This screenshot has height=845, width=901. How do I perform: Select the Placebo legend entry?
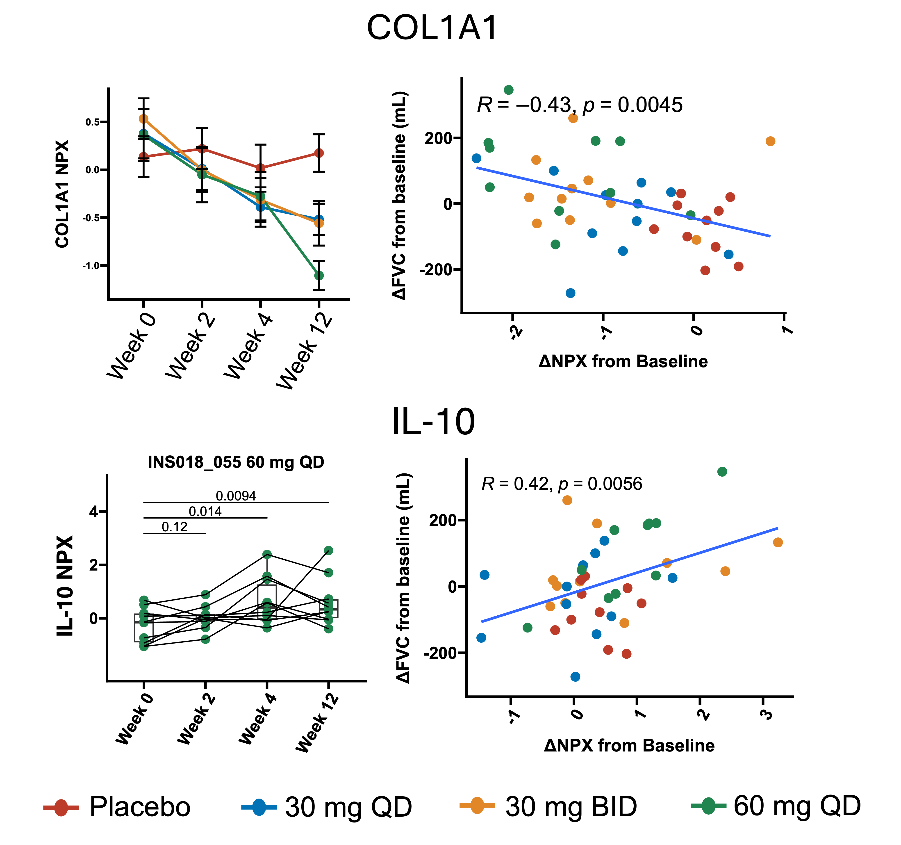click(x=117, y=807)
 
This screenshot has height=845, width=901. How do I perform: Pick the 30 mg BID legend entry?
click(x=548, y=807)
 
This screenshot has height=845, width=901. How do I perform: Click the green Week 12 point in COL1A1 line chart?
click(x=319, y=275)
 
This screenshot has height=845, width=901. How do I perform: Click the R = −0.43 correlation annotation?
click(x=579, y=105)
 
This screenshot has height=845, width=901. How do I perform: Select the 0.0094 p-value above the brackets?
click(x=236, y=496)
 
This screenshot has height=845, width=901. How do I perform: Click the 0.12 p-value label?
click(x=175, y=527)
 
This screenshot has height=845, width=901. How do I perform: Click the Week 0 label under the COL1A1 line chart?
click(x=132, y=347)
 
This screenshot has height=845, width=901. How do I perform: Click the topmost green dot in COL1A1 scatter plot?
click(x=509, y=90)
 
